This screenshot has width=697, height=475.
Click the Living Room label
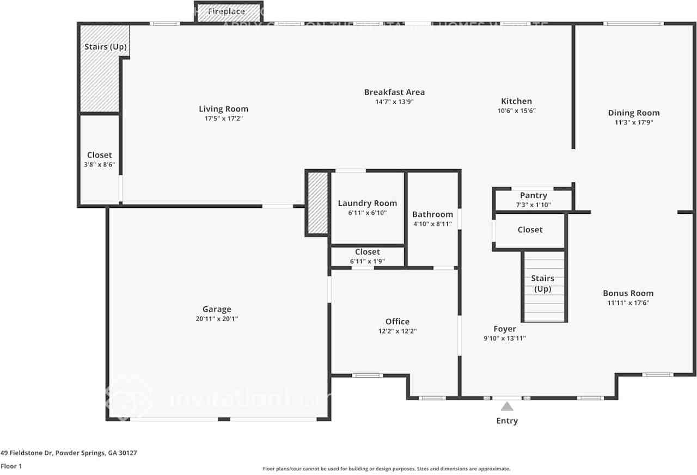(223, 109)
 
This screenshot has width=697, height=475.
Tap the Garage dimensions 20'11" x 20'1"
(217, 319)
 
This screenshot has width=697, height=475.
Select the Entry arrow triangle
(507, 406)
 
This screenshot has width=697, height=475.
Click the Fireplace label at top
(227, 11)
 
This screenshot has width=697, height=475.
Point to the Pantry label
(533, 195)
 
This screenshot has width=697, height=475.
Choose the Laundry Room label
(367, 203)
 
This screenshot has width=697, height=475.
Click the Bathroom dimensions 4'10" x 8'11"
(432, 224)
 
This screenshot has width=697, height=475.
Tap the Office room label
(397, 322)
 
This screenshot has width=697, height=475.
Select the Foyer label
(505, 329)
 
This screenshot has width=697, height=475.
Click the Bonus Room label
(628, 293)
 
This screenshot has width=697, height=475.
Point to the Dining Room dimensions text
(633, 122)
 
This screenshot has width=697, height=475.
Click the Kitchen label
(516, 101)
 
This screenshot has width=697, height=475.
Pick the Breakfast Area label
(394, 92)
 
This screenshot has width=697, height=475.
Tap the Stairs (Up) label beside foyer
(542, 283)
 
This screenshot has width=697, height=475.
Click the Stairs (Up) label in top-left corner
(106, 47)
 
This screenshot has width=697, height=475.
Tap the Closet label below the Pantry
(530, 230)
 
